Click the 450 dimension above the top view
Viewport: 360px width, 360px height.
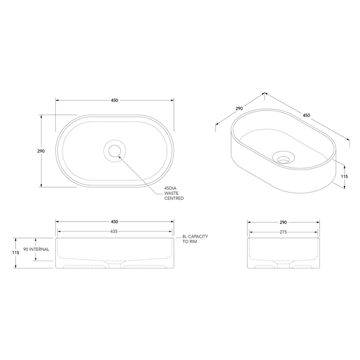[x=114, y=100]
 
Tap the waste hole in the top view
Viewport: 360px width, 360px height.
[x=114, y=150]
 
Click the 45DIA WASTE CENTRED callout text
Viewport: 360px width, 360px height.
[x=174, y=193]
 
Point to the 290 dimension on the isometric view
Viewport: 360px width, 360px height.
[x=239, y=108]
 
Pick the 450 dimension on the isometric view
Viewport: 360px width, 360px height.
[x=306, y=115]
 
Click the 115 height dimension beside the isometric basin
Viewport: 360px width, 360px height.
[x=344, y=176]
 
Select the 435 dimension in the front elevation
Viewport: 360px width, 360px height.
[x=114, y=231]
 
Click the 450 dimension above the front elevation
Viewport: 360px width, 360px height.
[x=114, y=221]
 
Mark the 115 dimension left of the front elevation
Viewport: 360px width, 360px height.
[x=16, y=252]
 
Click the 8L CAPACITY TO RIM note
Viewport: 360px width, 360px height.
[x=194, y=238]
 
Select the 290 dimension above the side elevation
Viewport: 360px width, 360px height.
[x=283, y=221]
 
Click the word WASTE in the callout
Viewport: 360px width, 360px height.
[x=172, y=193]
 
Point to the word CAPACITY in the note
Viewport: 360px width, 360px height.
[x=198, y=236]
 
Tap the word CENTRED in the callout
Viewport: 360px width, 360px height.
[x=174, y=198]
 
